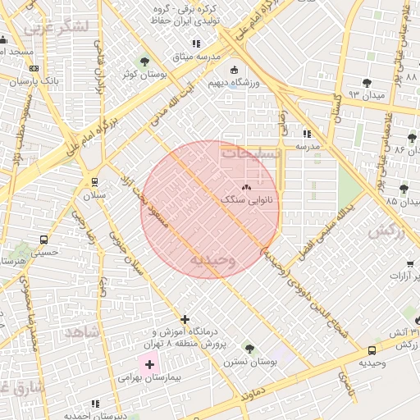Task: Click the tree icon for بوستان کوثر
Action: pyautogui.click(x=144, y=61)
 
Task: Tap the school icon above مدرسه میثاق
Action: pyautogui.click(x=195, y=43)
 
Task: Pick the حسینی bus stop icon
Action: pyautogui.click(x=43, y=240)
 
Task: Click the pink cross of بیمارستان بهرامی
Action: pyautogui.click(x=149, y=363)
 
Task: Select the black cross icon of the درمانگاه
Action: pyautogui.click(x=185, y=319)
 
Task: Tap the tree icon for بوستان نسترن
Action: pyautogui.click(x=249, y=349)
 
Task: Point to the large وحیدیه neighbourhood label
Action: pyautogui.click(x=212, y=260)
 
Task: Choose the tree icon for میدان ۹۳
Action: pyautogui.click(x=367, y=82)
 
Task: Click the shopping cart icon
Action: pyautogui.click(x=409, y=264)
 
